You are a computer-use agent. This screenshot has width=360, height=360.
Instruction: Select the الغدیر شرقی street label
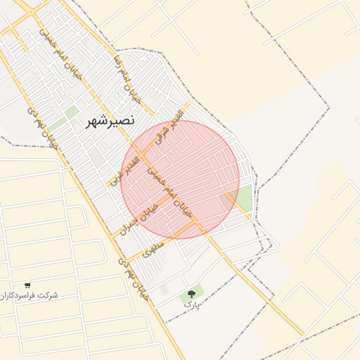click(171, 127)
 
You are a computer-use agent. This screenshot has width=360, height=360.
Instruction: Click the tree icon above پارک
click(191, 294)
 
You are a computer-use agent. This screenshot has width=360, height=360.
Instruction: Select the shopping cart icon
click(27, 285)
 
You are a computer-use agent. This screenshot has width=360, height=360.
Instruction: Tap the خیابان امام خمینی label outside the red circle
click(60, 53)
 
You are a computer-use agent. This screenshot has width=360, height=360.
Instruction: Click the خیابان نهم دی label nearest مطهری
click(134, 278)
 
